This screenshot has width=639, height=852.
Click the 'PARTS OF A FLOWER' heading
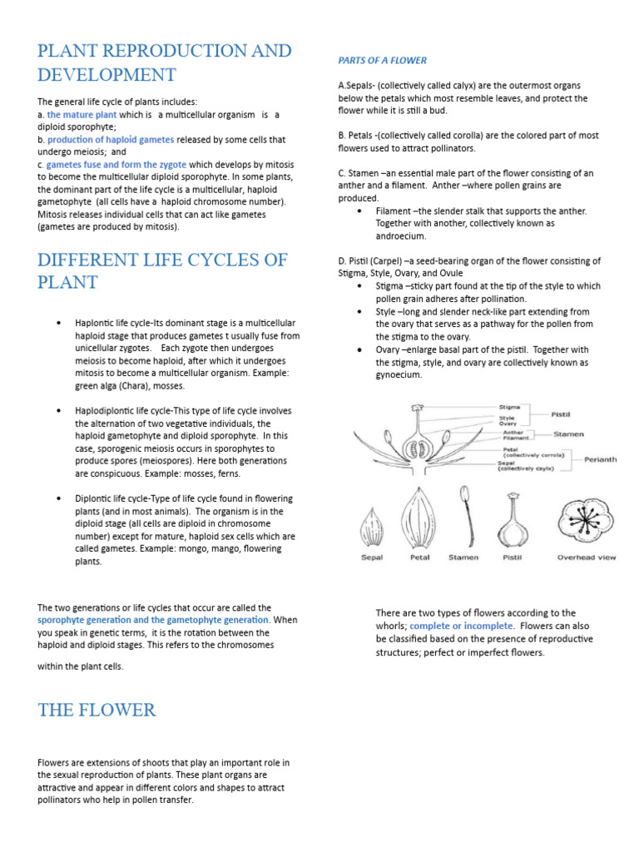[382, 61]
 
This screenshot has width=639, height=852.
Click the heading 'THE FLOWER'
[97, 710]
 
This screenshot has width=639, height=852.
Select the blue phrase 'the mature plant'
[82, 114]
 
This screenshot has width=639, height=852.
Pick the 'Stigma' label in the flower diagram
[509, 408]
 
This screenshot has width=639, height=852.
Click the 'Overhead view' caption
[587, 557]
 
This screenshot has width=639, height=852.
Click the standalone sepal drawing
[372, 527]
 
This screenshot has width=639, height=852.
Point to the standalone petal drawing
[419, 516]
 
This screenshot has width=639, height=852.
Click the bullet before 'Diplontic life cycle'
[57, 498]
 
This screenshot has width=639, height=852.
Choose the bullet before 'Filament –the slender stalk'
[358, 211]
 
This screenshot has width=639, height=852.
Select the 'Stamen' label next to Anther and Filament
[569, 434]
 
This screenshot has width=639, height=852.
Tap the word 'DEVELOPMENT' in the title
[106, 75]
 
